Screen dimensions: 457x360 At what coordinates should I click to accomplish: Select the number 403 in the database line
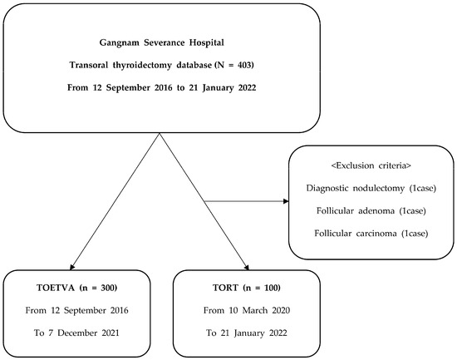pos(243,65)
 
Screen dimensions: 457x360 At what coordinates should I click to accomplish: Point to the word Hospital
pos(207,43)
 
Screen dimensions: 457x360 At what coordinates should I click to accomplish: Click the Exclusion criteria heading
pos(371,165)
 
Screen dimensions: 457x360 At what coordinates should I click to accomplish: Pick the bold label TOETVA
pos(56,288)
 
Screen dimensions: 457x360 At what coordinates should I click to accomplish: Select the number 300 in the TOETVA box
pos(107,288)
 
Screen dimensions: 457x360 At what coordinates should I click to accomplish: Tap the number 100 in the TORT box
pos(271,288)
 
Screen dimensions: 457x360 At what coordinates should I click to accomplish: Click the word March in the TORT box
pos(255,310)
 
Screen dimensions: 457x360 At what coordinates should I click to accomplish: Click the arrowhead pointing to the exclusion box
pos(286,201)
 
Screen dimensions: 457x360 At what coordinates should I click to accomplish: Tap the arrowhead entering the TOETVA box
pos(72,267)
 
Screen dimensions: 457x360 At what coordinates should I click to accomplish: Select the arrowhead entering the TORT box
pos(247,267)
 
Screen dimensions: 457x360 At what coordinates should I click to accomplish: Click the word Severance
pos(165,43)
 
